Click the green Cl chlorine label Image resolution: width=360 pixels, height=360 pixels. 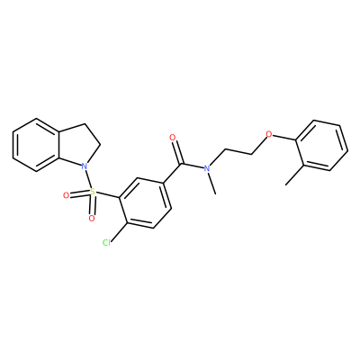tap(106, 242)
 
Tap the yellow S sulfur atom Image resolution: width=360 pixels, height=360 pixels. tap(93, 192)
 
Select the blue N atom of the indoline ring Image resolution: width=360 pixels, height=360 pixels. tap(85, 166)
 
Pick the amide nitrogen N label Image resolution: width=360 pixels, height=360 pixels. tap(206, 168)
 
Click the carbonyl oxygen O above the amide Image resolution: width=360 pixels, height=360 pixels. tap(172, 138)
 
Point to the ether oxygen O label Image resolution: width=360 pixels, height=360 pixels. tap(269, 133)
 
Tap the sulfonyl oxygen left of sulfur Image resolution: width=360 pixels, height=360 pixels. tap(67, 196)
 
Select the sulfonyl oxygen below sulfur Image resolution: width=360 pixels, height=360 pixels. tap(92, 218)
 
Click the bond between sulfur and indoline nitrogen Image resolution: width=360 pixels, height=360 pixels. tap(88, 178)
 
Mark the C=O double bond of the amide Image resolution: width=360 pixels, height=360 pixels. tap(176, 153)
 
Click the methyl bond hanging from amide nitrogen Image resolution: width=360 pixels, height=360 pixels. tap(211, 184)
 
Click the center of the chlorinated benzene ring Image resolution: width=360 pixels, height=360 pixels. tap(145, 203)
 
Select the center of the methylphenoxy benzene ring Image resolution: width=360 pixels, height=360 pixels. tap(322, 146)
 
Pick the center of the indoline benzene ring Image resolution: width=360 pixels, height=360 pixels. tap(37, 145)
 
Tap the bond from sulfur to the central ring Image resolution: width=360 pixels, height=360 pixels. tap(108, 194)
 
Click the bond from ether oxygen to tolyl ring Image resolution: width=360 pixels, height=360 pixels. tap(284, 137)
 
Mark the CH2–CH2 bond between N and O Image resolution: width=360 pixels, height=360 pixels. tap(238, 152)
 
